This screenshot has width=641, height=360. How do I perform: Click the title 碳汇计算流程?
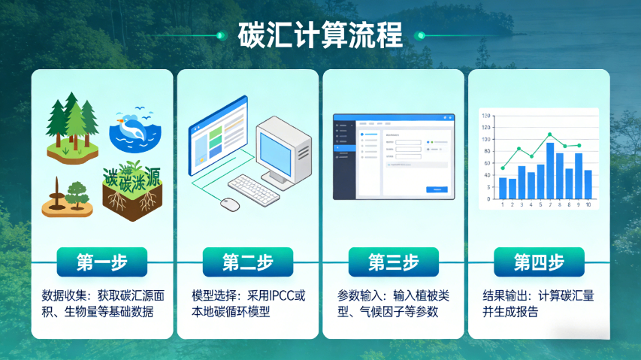tap(320, 35)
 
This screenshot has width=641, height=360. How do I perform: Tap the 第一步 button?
tap(102, 262)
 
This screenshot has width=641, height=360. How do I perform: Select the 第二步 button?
tap(248, 262)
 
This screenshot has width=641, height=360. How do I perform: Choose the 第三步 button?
tap(393, 262)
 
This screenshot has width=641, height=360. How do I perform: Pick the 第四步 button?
tap(539, 262)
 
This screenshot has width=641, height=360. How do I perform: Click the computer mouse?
tap(230, 204)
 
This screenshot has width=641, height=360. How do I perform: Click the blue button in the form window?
tap(437, 189)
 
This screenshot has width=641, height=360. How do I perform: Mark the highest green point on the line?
tap(550, 135)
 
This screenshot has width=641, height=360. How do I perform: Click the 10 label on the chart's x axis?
tap(588, 204)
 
